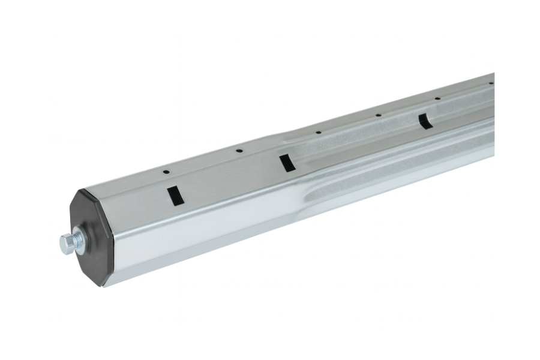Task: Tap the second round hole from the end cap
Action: (238, 151)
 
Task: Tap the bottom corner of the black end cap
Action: (106, 286)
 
